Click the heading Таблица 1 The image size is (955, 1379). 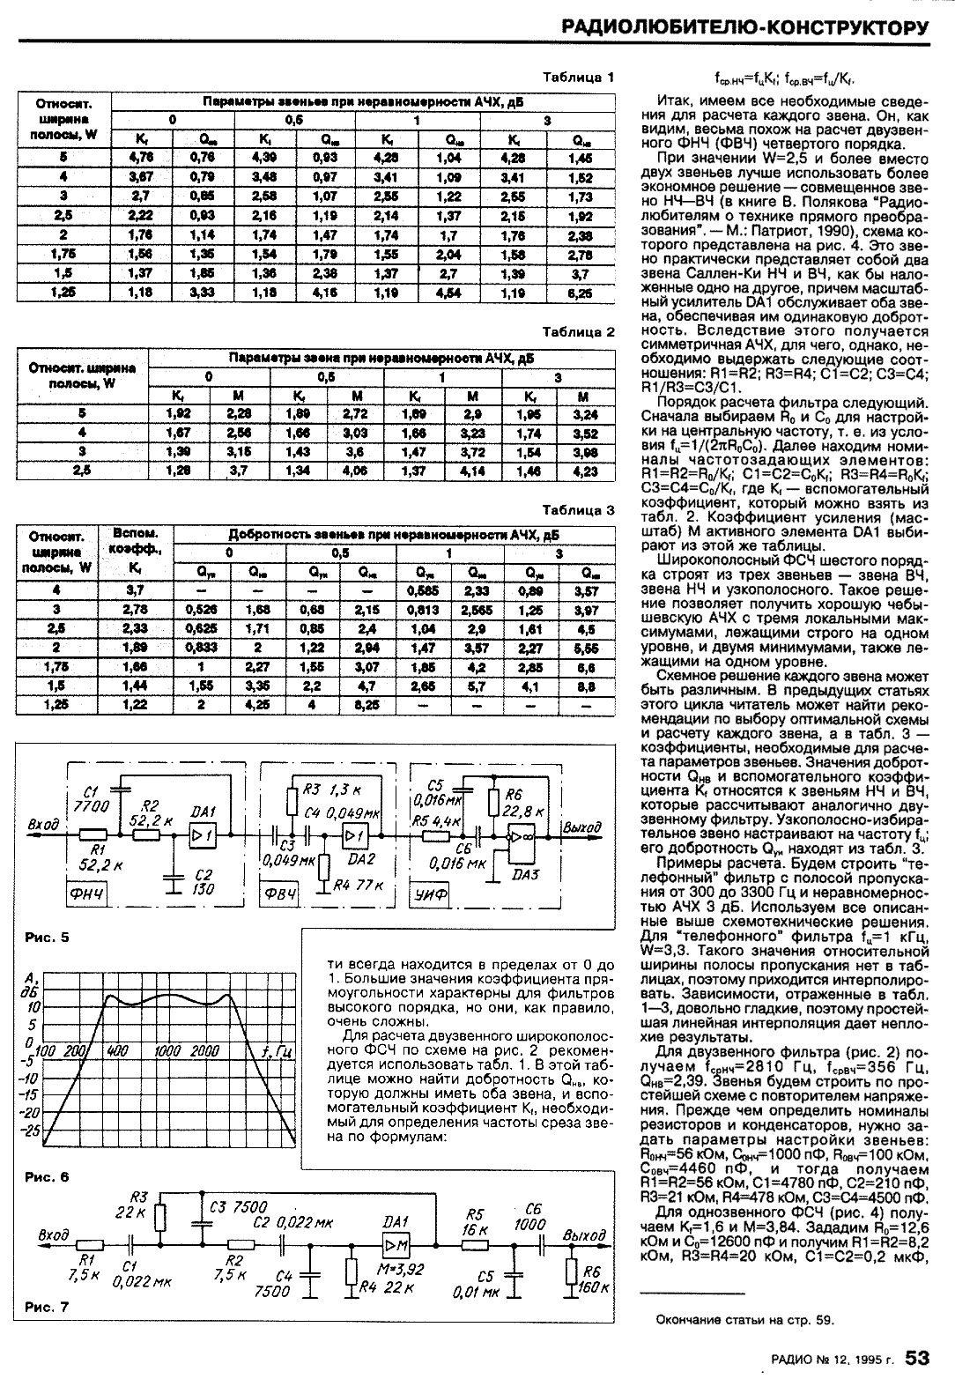(578, 78)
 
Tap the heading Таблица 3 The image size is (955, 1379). (578, 510)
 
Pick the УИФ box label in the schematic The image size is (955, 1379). (432, 895)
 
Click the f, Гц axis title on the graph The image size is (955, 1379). (278, 1052)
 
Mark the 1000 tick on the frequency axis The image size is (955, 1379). (168, 1051)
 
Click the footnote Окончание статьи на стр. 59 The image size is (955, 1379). (745, 1319)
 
